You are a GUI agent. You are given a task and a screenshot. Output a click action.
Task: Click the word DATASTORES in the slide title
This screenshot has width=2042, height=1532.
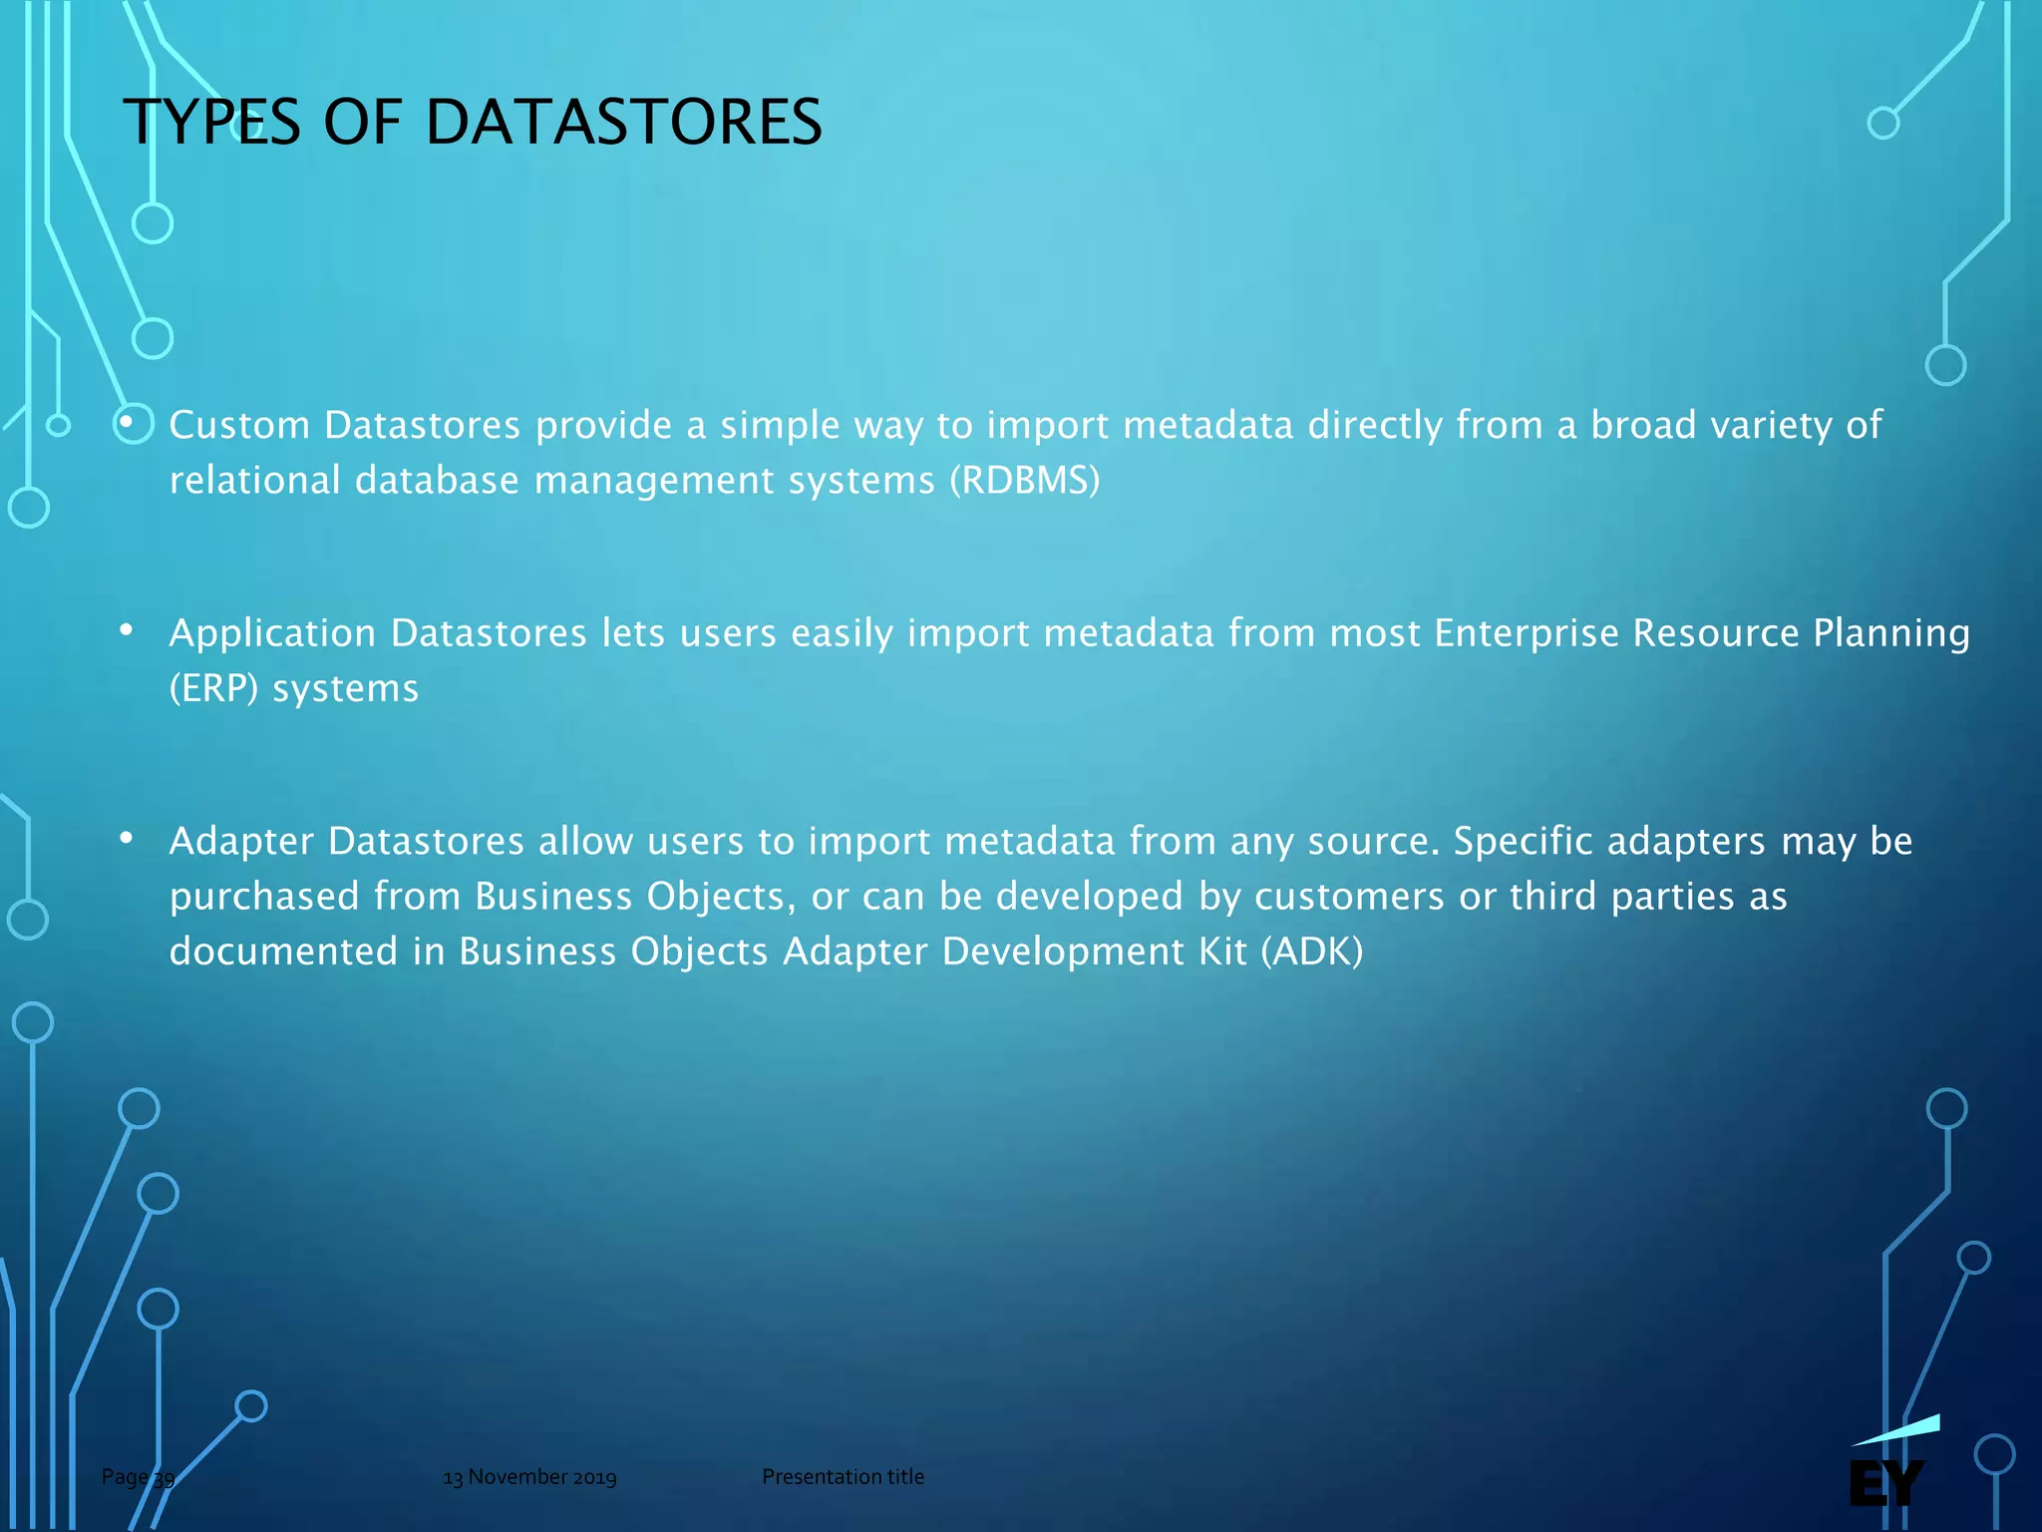(x=623, y=123)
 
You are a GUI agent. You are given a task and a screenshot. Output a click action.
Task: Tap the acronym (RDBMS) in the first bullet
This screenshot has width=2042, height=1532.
(x=1024, y=480)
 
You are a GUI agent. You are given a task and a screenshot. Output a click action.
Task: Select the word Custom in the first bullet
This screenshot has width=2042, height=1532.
(x=239, y=425)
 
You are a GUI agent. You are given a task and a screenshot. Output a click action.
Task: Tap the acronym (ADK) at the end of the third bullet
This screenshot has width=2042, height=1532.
(x=1311, y=951)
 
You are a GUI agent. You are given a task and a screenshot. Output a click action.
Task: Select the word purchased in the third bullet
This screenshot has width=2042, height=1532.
(x=264, y=896)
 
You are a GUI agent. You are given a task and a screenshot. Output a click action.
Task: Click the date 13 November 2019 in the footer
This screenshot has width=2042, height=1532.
(x=529, y=1477)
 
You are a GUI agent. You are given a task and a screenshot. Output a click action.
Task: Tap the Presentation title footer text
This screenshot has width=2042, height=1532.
(x=843, y=1477)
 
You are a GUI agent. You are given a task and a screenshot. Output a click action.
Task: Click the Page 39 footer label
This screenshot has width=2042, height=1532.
(x=138, y=1477)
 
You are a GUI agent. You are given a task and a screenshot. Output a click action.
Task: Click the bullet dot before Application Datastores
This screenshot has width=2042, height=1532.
(x=126, y=630)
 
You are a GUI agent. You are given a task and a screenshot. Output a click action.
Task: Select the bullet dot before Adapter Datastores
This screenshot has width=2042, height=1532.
(x=126, y=838)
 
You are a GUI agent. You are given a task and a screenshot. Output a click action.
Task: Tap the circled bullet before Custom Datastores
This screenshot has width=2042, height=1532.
(x=131, y=423)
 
